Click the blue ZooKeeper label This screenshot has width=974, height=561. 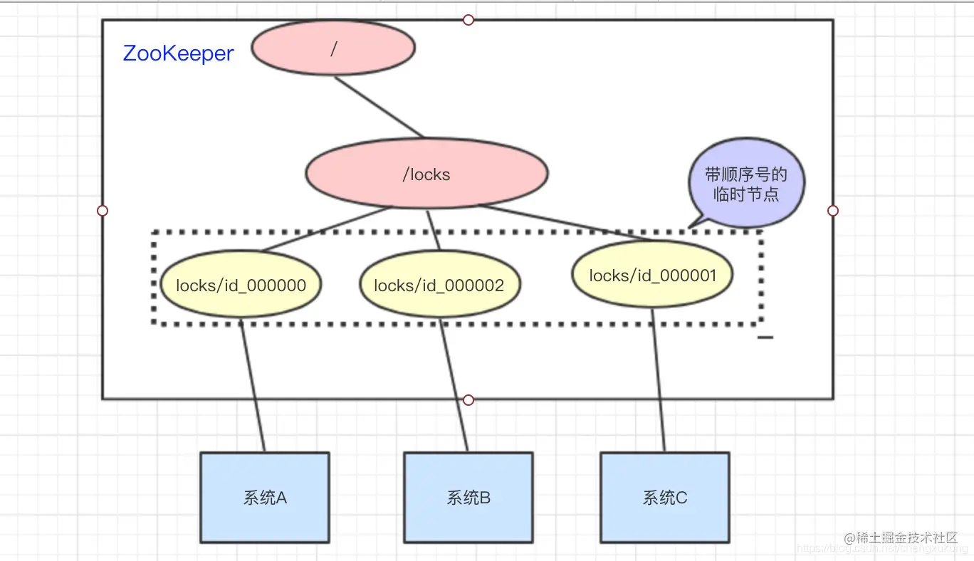178,53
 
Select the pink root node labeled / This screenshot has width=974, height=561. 333,48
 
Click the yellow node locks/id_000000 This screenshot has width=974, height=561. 241,285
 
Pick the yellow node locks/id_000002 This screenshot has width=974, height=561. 439,285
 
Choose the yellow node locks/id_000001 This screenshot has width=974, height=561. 652,275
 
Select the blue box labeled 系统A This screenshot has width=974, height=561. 264,498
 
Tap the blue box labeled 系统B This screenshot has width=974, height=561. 468,498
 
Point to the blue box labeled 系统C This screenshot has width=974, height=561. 664,498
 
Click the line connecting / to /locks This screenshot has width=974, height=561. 379,107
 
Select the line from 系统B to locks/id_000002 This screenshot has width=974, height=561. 454,384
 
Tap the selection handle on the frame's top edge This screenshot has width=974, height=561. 468,20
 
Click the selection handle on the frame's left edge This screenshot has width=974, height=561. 103,211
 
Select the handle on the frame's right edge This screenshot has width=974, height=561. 833,211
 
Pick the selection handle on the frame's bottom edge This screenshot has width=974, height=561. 468,400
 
